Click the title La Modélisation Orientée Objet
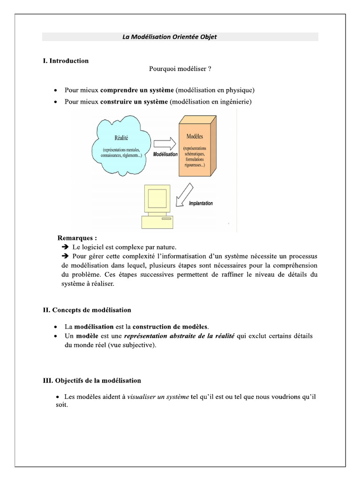click(170, 37)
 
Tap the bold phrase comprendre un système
click(137, 90)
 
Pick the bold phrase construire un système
click(134, 102)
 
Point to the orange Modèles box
click(197, 145)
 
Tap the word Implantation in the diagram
click(201, 203)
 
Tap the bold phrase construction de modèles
click(171, 326)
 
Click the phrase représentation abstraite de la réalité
click(179, 336)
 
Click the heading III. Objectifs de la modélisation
click(91, 381)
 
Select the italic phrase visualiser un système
click(158, 397)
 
